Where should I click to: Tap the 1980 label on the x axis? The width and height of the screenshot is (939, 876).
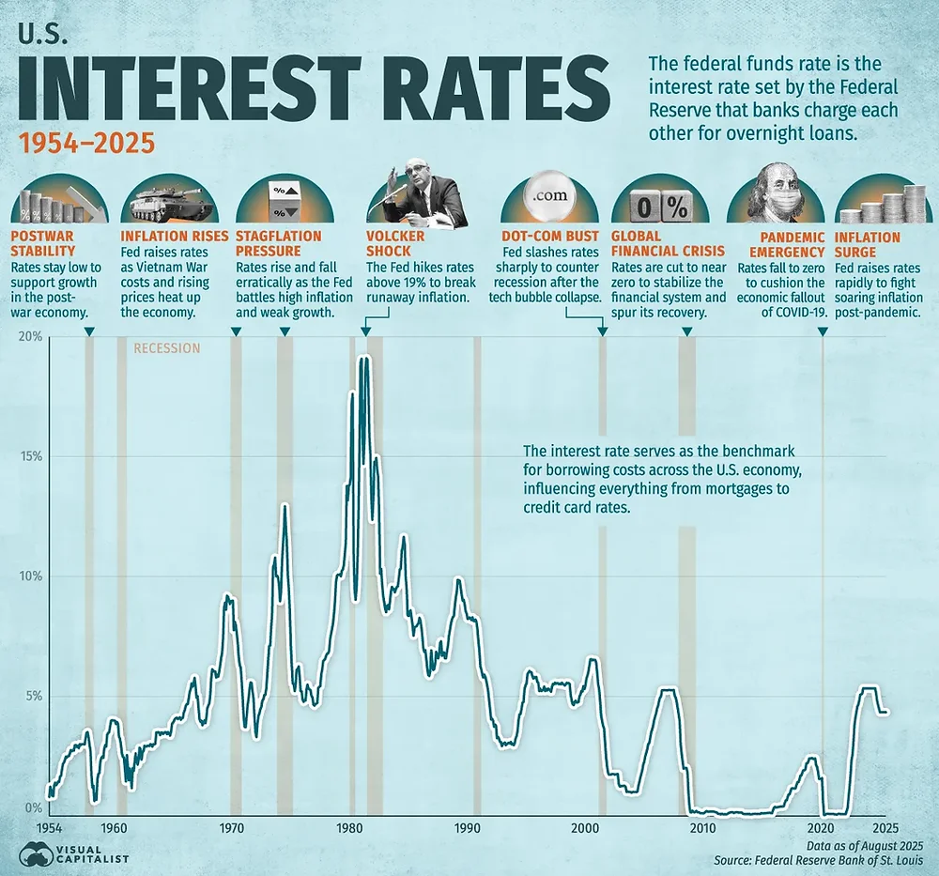pyautogui.click(x=349, y=828)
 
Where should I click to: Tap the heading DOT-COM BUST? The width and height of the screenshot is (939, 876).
pyautogui.click(x=556, y=237)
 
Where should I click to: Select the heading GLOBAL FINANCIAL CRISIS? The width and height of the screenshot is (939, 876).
pyautogui.click(x=668, y=244)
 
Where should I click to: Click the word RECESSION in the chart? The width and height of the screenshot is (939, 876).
pyautogui.click(x=167, y=348)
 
